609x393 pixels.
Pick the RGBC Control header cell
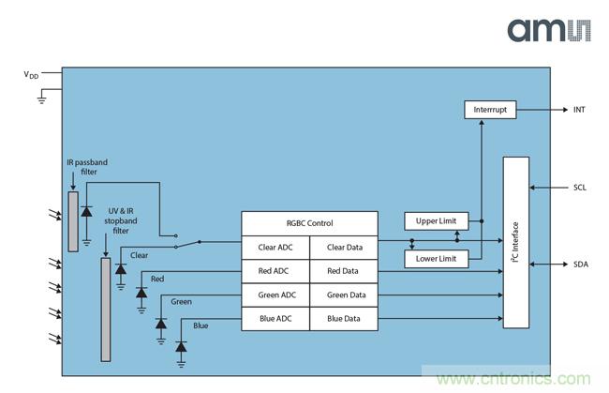[x=309, y=223]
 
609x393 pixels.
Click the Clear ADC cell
[x=275, y=248]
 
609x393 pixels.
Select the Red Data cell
[x=343, y=271]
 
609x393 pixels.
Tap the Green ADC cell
[x=275, y=295]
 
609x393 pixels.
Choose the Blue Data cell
[x=343, y=319]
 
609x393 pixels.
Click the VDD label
[x=31, y=74]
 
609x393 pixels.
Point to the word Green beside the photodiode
[x=182, y=301]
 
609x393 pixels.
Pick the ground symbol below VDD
[x=42, y=98]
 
